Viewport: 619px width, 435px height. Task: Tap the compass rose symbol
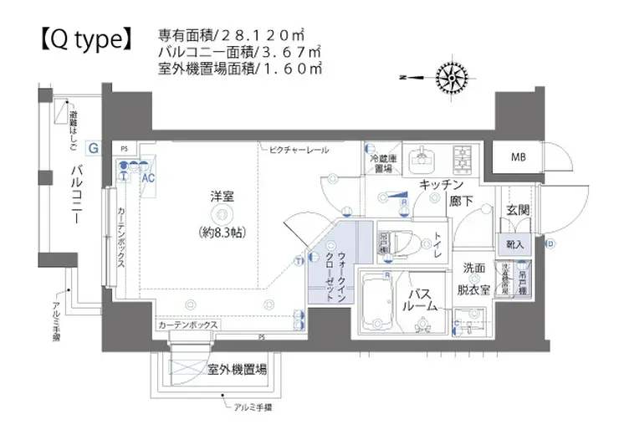point(453,78)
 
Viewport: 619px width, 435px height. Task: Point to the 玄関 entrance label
point(517,210)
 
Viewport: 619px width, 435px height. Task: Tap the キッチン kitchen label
point(443,184)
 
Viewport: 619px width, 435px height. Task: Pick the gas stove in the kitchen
point(463,155)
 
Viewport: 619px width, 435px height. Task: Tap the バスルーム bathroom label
point(420,300)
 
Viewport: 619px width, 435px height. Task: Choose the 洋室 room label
point(222,197)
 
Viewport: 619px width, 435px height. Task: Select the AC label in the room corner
point(148,178)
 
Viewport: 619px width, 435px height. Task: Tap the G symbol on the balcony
point(94,148)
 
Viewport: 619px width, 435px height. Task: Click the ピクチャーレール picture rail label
point(299,149)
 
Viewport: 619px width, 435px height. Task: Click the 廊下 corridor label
point(463,202)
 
